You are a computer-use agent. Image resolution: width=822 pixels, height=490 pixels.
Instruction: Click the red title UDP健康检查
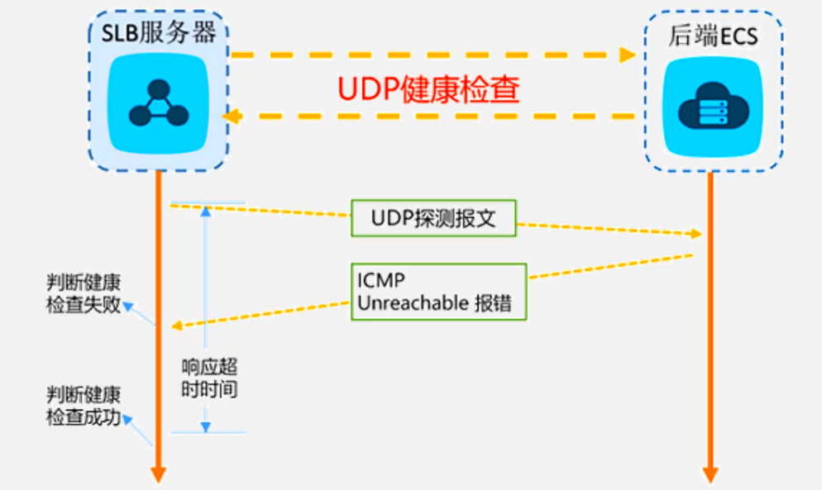tap(428, 88)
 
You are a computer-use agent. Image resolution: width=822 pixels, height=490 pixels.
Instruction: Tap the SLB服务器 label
tap(158, 32)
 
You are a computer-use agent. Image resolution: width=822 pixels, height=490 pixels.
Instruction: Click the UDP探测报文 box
tap(433, 219)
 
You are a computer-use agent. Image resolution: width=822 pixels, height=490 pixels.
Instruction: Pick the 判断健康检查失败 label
tap(84, 294)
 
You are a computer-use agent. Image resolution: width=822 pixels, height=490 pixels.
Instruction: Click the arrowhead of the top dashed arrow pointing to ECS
tap(627, 55)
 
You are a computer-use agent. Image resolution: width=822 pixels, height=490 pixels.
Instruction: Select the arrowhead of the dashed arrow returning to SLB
tap(232, 117)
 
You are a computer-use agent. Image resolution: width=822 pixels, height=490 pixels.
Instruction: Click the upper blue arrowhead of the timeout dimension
tap(206, 211)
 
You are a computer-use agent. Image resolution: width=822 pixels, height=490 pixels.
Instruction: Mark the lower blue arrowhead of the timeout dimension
tap(206, 426)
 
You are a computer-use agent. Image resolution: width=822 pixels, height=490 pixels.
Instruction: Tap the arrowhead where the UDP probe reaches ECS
tap(697, 235)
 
